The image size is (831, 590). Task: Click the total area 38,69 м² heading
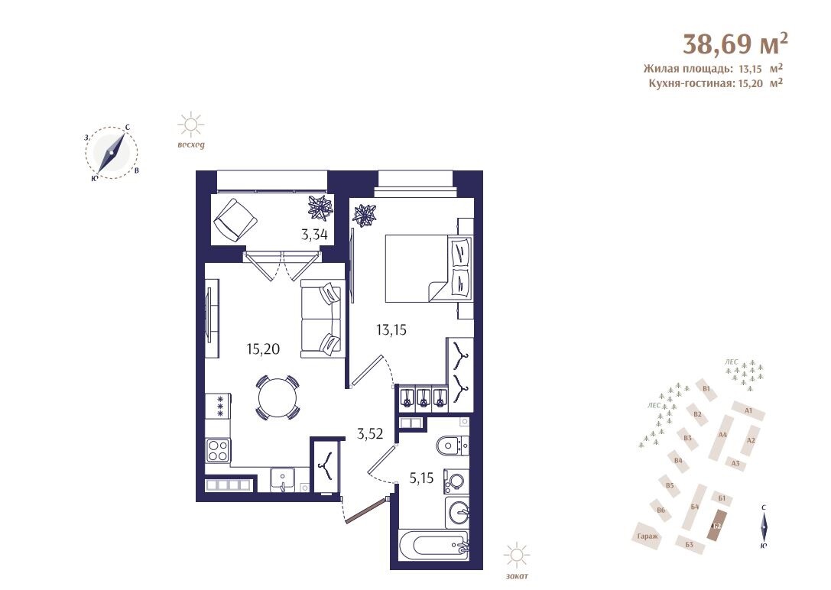click(x=735, y=44)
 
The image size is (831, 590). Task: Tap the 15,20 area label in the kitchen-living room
click(x=263, y=349)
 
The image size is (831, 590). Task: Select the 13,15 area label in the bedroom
click(x=391, y=330)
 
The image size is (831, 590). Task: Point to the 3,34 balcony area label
click(x=314, y=235)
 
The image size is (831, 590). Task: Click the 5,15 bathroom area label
click(x=421, y=478)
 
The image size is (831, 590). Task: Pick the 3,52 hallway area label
click(x=370, y=435)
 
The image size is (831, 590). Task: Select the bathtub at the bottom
click(x=433, y=546)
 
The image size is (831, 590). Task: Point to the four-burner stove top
click(x=218, y=451)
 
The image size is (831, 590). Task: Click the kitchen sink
click(x=284, y=479)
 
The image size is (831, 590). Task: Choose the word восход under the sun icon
click(x=191, y=144)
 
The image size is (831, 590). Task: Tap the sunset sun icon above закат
click(x=517, y=555)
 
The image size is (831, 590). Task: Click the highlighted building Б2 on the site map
click(x=716, y=524)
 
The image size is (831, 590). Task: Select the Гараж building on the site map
click(x=648, y=536)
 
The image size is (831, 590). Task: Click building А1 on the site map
click(x=748, y=410)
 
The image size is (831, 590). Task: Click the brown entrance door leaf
click(x=365, y=511)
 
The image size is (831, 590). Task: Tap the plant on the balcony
click(x=320, y=208)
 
